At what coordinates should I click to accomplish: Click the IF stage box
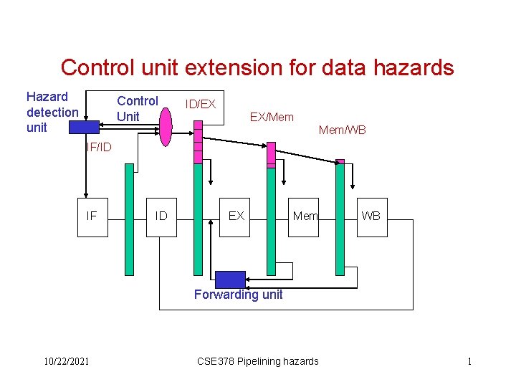[x=92, y=216]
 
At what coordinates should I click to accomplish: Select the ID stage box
[x=161, y=216]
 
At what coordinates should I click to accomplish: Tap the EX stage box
[x=236, y=216]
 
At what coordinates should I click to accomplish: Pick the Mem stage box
[x=305, y=216]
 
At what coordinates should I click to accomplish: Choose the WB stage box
[x=371, y=216]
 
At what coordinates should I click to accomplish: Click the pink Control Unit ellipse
[x=166, y=125]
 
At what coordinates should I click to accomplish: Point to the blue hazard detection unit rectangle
[x=84, y=127]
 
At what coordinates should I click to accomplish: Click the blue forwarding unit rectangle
[x=230, y=279]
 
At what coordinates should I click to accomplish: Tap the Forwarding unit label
[x=239, y=295]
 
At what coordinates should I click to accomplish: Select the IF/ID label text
[x=99, y=148]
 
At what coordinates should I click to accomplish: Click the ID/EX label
[x=201, y=105]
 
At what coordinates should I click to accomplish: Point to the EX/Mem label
[x=271, y=117]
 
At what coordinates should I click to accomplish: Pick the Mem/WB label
[x=342, y=130]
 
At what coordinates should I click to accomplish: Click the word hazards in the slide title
[x=411, y=68]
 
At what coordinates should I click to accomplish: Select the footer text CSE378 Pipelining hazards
[x=257, y=361]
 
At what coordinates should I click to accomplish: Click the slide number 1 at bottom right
[x=469, y=361]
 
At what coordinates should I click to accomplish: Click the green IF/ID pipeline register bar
[x=129, y=219]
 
